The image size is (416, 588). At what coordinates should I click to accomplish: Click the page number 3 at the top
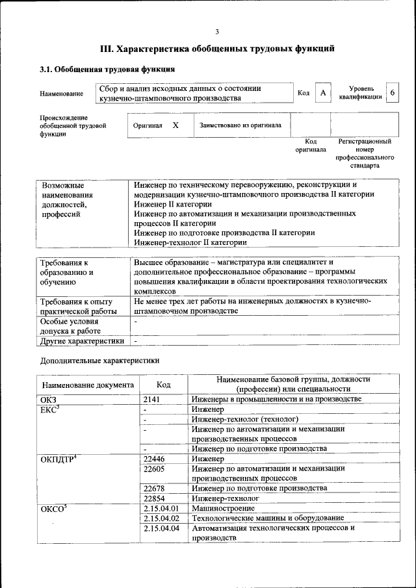(216, 31)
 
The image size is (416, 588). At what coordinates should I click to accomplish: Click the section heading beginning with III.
(217, 49)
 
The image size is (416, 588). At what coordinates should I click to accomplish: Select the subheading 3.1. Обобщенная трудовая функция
(107, 69)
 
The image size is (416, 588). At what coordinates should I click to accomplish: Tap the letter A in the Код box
(322, 93)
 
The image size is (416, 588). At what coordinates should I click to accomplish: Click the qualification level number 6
(392, 93)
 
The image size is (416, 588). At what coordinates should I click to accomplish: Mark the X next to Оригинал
(175, 124)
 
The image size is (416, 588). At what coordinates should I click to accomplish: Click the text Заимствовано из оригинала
(240, 125)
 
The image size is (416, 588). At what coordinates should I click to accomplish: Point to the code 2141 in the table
(151, 399)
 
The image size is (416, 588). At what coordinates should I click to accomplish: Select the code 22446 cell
(154, 459)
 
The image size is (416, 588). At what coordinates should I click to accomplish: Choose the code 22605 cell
(154, 468)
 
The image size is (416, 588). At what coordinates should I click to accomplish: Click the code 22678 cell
(154, 488)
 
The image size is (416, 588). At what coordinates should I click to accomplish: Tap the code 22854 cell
(154, 498)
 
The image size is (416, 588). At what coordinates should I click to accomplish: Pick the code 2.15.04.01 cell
(161, 508)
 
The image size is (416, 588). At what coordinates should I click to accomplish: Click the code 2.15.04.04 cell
(161, 528)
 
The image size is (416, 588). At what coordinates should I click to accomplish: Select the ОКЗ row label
(49, 399)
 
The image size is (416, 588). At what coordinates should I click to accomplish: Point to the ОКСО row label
(53, 509)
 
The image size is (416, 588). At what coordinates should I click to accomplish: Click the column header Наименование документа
(88, 385)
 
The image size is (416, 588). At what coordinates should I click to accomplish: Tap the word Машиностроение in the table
(222, 508)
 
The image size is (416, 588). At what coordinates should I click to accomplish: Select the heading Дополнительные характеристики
(99, 360)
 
